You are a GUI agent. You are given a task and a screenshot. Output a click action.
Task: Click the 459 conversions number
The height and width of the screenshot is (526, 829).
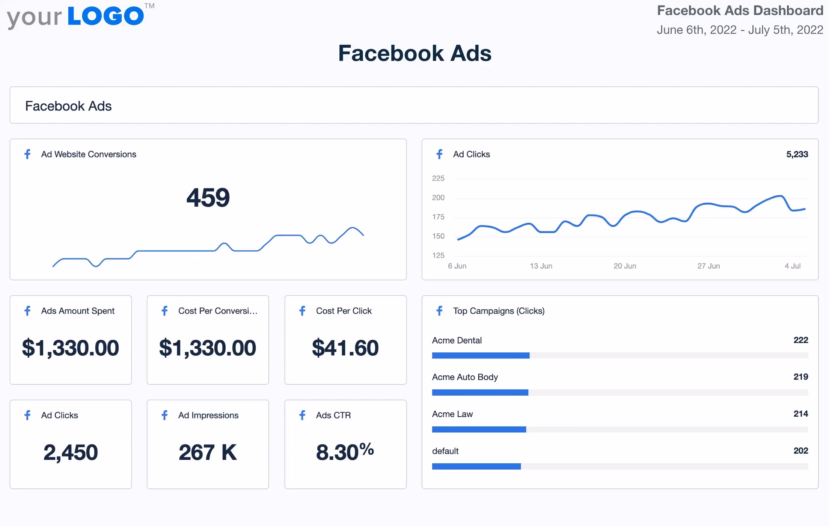tap(208, 198)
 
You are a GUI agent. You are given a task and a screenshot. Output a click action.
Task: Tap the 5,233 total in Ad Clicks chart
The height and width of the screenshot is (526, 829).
tap(797, 154)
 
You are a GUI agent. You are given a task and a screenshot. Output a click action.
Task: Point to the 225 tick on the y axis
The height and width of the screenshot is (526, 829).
tap(438, 178)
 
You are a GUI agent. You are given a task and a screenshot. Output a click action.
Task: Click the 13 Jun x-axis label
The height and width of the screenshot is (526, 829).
tap(541, 266)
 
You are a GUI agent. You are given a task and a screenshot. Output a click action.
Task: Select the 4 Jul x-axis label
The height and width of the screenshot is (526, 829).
tap(792, 266)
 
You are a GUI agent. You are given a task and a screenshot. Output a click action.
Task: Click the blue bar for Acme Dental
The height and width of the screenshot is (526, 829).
tap(481, 355)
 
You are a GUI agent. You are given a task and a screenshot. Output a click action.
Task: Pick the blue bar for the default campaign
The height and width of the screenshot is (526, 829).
tap(476, 466)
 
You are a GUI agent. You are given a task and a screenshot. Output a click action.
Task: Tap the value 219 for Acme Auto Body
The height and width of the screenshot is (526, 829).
tap(800, 377)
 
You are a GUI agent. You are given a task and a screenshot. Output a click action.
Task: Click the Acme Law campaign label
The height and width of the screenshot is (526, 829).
tap(452, 414)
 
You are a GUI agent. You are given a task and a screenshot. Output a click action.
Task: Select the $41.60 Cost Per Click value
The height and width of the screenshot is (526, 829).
tap(345, 348)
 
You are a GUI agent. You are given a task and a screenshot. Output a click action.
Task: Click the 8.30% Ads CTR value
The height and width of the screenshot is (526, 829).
tap(345, 452)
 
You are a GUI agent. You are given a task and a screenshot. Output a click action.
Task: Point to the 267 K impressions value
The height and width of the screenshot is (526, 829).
tap(208, 452)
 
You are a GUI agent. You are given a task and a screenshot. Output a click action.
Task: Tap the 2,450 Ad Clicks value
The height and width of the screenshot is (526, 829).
tap(71, 452)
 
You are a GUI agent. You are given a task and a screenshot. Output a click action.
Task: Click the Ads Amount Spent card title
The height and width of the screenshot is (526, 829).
tap(78, 311)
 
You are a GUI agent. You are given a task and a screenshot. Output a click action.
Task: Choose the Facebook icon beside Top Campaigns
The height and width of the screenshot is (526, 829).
tap(440, 311)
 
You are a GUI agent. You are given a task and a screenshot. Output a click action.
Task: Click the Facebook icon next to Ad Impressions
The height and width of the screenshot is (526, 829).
tap(164, 415)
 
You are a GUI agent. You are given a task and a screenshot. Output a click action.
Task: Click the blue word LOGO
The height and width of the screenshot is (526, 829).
tap(106, 16)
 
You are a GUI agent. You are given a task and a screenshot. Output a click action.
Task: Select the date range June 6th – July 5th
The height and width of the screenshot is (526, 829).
tap(740, 30)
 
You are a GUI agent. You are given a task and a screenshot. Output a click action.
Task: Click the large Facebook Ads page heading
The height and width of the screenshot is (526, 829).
tap(414, 53)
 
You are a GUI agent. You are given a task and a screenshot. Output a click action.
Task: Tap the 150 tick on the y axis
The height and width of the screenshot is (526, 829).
tap(438, 236)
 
